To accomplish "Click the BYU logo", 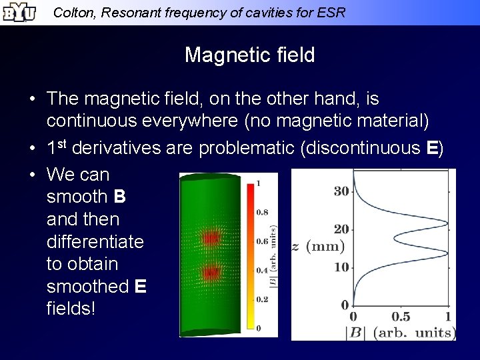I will (18, 12).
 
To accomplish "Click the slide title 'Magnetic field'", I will (249, 55).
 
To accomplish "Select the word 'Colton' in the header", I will (72, 12).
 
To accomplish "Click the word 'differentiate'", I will (95, 241).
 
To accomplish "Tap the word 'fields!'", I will (71, 309).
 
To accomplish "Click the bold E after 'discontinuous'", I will (431, 148).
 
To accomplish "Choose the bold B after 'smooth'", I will (120, 197).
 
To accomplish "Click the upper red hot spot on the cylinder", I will (211, 237).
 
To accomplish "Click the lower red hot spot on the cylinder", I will (211, 272).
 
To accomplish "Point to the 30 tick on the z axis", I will (341, 191).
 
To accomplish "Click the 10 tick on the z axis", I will (341, 267).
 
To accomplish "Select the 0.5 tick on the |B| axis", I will (401, 317).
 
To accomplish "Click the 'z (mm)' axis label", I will (318, 247).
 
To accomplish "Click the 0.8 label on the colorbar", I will (263, 212).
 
